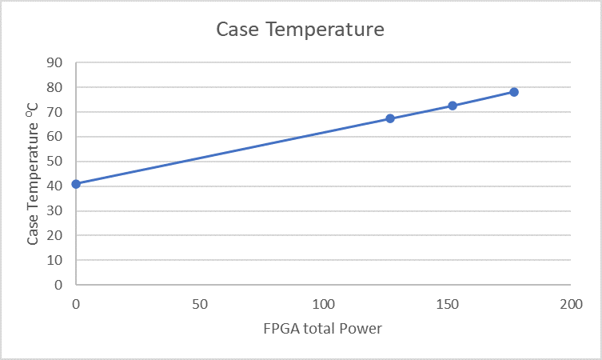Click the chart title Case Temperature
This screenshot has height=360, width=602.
[301, 30]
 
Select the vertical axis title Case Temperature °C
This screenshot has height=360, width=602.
[34, 173]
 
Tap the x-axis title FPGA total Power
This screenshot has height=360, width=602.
[323, 329]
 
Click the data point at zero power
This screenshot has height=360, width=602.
[76, 184]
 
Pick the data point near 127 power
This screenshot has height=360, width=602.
[390, 118]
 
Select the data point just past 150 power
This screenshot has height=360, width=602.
[452, 106]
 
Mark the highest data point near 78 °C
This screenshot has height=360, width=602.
[514, 92]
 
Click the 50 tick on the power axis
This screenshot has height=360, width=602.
[200, 304]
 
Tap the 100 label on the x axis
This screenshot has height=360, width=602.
[323, 304]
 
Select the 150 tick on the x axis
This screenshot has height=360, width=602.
[447, 304]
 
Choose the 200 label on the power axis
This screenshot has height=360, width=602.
[570, 304]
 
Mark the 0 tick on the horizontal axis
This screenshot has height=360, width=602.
[76, 304]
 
